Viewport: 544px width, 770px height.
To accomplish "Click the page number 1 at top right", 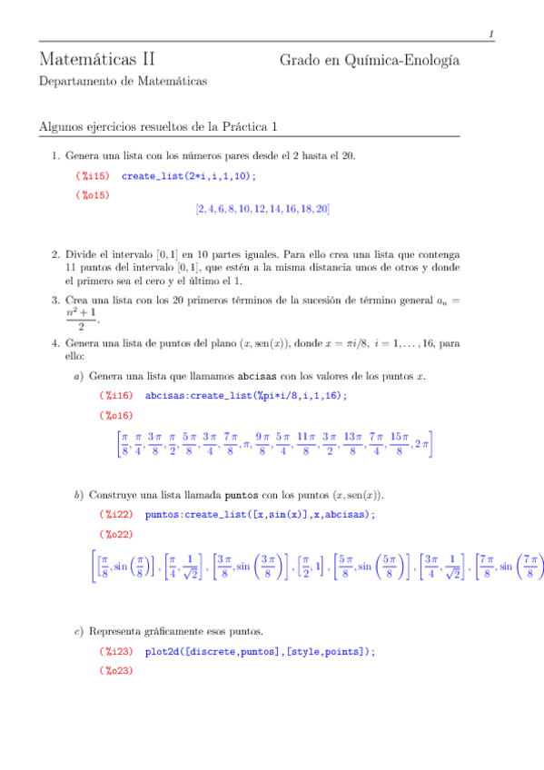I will point(491,35).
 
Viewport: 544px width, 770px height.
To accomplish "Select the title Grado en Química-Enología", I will point(369,61).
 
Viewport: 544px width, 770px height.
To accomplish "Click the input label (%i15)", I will point(92,175).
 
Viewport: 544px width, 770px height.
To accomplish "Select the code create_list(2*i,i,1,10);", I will point(188,175).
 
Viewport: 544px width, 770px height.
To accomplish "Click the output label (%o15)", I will point(92,194).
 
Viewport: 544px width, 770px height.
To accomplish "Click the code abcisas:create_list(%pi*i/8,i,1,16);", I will point(246,395).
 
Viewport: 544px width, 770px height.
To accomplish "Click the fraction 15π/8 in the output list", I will point(397,444).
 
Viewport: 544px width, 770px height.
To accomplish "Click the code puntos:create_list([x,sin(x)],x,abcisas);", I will point(260,515).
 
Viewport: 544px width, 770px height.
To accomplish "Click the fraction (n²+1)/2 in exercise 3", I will point(82,320).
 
